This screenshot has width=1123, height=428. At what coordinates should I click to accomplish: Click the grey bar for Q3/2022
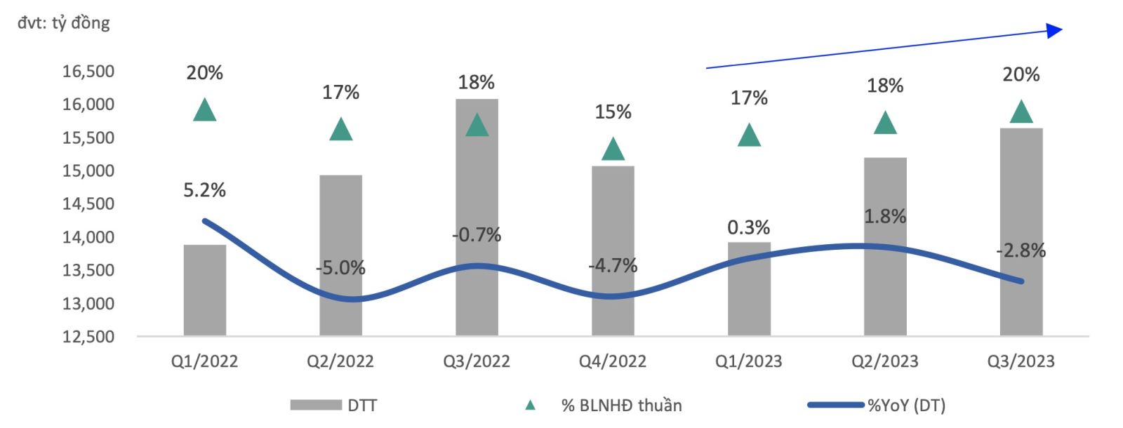[477, 218]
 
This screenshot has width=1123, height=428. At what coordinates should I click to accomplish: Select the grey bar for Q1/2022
[204, 290]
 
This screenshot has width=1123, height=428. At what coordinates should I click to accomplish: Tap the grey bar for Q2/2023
[885, 246]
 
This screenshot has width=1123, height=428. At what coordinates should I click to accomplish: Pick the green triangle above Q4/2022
[613, 149]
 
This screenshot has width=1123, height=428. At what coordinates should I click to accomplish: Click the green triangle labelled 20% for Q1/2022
[204, 110]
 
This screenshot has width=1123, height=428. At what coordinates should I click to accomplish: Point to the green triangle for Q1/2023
[749, 135]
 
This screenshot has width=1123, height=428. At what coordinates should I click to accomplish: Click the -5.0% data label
[340, 268]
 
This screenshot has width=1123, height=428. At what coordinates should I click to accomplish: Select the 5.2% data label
[204, 190]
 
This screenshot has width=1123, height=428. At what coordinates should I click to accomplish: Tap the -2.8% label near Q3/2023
[1021, 250]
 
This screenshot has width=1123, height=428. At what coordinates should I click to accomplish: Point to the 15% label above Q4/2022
[613, 112]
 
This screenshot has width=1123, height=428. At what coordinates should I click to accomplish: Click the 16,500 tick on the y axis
[88, 72]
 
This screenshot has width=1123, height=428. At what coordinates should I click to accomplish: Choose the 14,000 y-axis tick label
[88, 237]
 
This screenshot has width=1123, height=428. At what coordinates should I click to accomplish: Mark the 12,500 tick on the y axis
[88, 337]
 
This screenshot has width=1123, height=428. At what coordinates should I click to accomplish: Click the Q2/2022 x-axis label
[340, 361]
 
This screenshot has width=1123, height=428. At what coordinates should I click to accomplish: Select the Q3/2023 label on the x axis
[1021, 361]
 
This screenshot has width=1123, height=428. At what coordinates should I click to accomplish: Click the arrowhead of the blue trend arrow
[1055, 29]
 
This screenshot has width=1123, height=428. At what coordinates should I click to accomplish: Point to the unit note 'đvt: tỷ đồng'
[64, 23]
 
